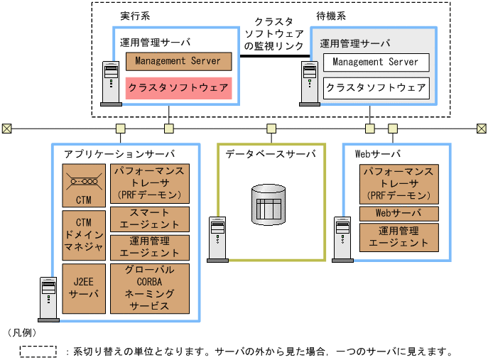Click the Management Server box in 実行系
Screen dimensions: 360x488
(178, 62)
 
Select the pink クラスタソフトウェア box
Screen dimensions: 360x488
(178, 88)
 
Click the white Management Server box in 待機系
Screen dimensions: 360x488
(376, 62)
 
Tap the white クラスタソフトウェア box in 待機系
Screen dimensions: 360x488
(376, 88)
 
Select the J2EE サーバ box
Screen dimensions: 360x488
(83, 288)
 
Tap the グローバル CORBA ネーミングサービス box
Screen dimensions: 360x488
(150, 288)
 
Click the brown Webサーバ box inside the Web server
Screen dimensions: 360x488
(398, 214)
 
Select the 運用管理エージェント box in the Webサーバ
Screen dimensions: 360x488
(398, 236)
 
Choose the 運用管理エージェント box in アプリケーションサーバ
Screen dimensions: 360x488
(150, 247)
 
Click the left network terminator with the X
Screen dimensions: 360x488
(6, 129)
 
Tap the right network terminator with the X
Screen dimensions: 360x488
(481, 129)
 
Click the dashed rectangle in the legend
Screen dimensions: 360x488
(38, 351)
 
